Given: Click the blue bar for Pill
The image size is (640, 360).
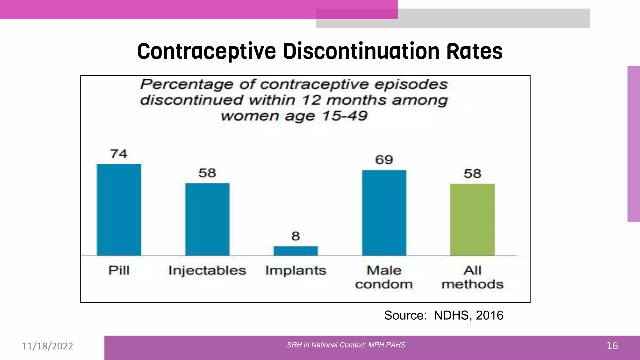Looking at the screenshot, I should (119, 210).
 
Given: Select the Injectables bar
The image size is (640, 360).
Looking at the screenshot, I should (207, 219).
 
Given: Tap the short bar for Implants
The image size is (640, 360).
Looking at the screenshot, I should (296, 251).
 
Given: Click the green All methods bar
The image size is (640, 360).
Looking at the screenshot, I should (472, 219).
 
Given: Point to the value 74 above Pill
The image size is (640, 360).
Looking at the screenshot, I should (119, 154).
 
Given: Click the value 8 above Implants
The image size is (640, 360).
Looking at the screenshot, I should (296, 236).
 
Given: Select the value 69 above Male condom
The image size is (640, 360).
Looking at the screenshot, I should (384, 160).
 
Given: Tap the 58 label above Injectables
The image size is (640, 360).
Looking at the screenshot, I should (207, 173).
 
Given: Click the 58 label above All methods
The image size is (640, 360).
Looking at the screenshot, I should (472, 174).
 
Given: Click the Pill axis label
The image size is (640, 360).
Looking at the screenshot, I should (119, 270).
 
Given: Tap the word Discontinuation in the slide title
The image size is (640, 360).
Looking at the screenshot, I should (361, 51).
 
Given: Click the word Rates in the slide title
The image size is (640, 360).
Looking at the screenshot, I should (474, 51).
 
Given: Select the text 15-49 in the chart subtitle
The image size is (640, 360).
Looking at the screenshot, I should (345, 116).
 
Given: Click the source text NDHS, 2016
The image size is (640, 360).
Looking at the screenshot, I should (468, 315).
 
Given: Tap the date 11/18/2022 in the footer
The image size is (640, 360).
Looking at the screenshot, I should (47, 346).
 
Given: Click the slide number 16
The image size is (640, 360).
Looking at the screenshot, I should (612, 346).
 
